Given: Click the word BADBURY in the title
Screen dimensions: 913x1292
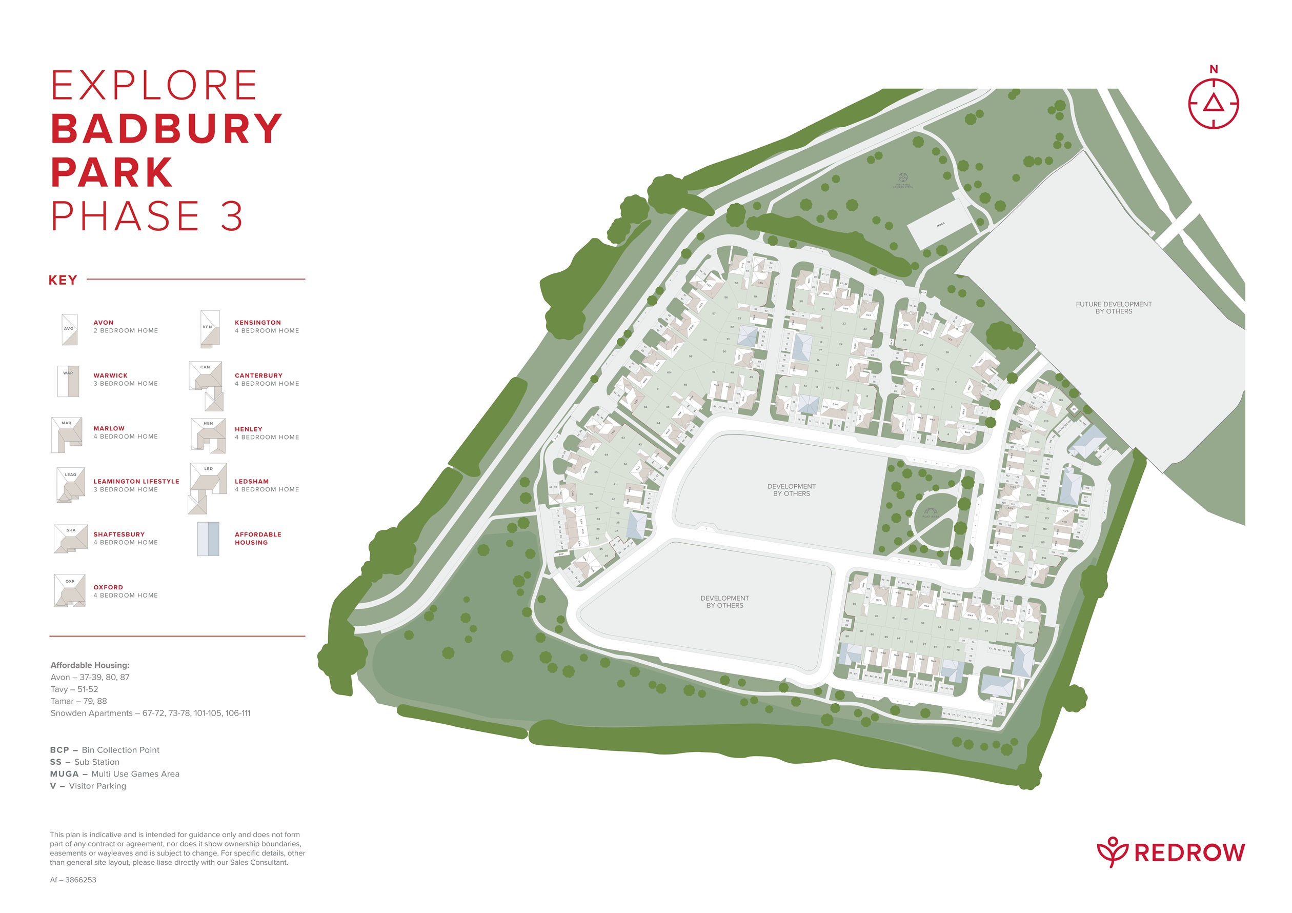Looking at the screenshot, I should pyautogui.click(x=167, y=129).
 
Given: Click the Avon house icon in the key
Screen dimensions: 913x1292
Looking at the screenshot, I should pyautogui.click(x=69, y=330).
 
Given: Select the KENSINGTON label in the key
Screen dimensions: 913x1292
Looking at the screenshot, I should pyautogui.click(x=258, y=323).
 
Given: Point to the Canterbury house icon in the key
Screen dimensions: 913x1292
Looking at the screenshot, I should pyautogui.click(x=207, y=386).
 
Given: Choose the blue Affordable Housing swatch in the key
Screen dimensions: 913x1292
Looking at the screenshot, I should pyautogui.click(x=208, y=539).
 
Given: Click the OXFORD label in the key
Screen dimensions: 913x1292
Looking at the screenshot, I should pyautogui.click(x=108, y=587).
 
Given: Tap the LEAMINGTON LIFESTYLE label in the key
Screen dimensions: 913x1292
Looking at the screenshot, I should pyautogui.click(x=136, y=481).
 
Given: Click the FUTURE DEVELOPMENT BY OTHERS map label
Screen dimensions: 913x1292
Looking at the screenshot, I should pyautogui.click(x=1113, y=307).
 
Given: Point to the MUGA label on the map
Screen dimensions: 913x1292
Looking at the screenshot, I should pyautogui.click(x=940, y=225).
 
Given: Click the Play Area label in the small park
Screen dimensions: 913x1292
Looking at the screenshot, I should pyautogui.click(x=930, y=515).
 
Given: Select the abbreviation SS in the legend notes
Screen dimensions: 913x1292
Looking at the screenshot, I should pyautogui.click(x=56, y=762).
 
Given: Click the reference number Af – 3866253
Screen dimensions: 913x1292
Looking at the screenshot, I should pyautogui.click(x=73, y=880).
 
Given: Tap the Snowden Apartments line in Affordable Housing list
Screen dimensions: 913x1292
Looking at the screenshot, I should pyautogui.click(x=150, y=713).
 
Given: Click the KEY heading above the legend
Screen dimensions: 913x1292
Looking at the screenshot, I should pyautogui.click(x=63, y=281).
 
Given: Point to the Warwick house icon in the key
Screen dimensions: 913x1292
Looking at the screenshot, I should pyautogui.click(x=68, y=382).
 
